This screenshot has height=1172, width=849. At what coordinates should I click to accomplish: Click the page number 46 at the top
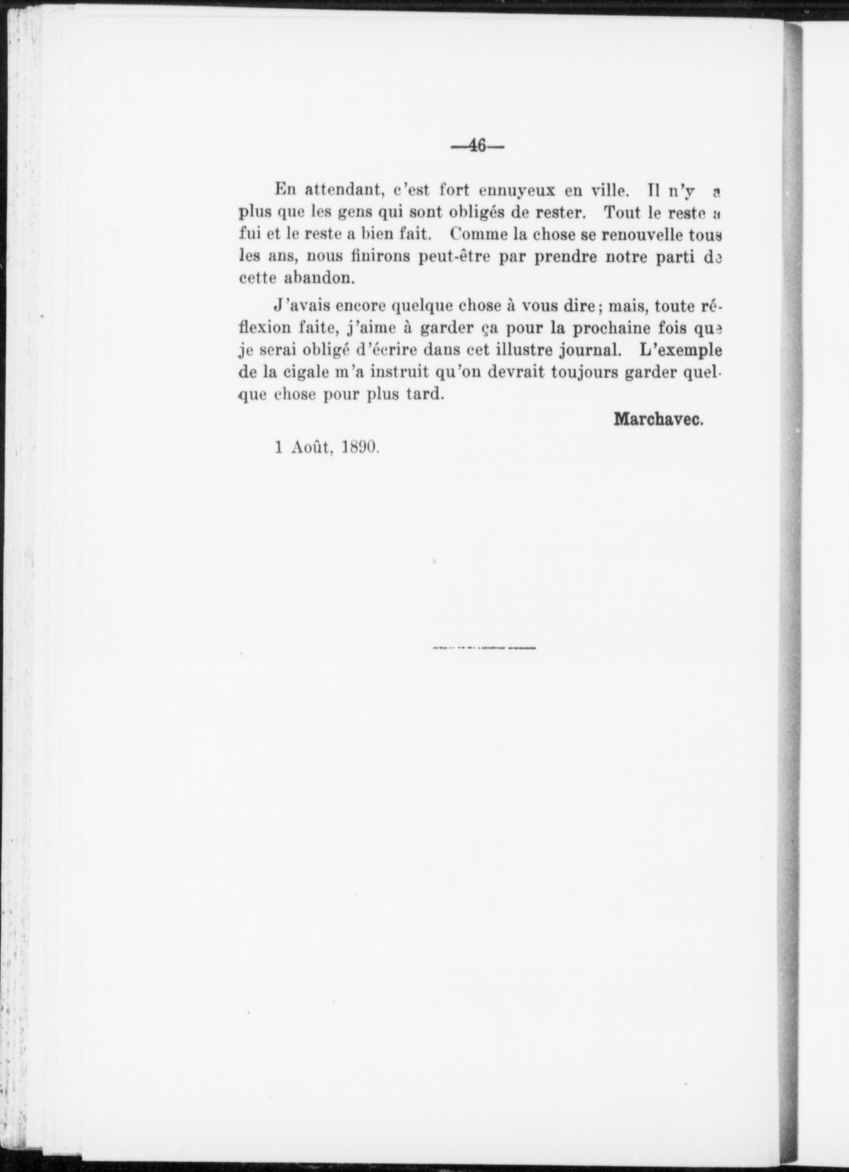tap(478, 146)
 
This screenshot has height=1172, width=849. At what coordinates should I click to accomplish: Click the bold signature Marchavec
tap(659, 419)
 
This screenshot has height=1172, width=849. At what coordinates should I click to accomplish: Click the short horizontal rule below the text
tap(483, 648)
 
